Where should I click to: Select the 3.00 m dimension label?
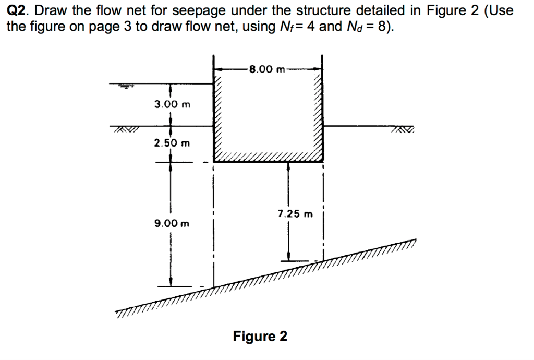[x=172, y=104]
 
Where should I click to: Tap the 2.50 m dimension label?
[x=172, y=142]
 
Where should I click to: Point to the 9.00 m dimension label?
[x=172, y=223]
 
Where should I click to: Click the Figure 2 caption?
[x=260, y=336]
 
